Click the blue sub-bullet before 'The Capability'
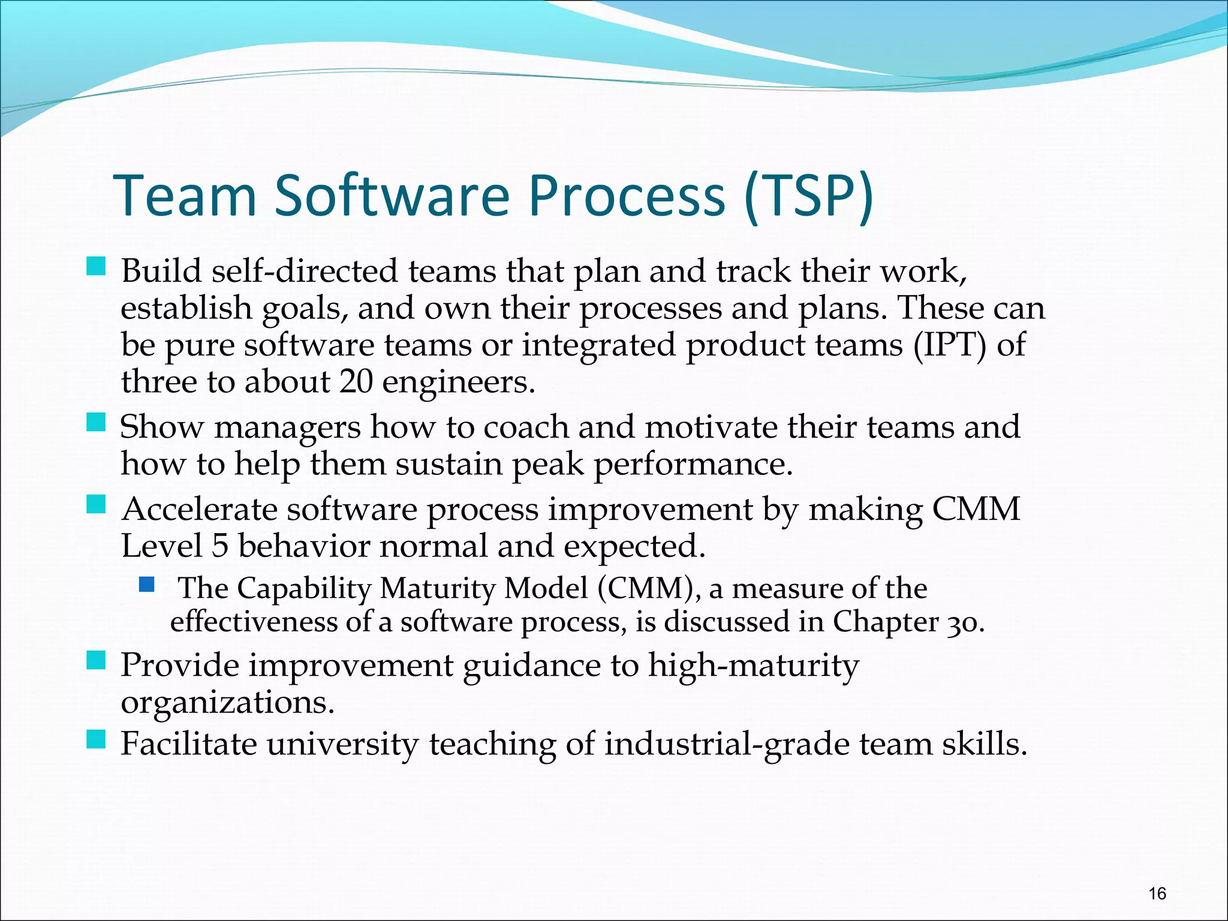pos(146,583)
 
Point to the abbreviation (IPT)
pos(949,346)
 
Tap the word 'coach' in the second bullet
pos(526,428)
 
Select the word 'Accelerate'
pos(198,510)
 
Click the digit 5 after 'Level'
pos(219,547)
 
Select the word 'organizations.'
pos(227,703)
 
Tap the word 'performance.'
pos(693,465)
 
